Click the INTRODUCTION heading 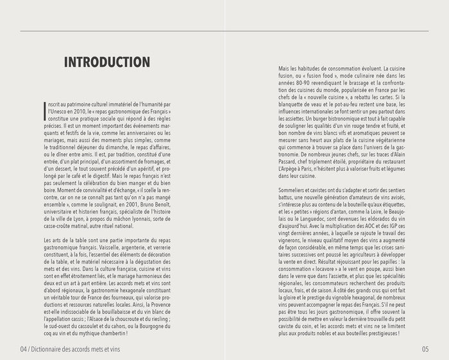[106, 62]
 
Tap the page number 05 [425, 349]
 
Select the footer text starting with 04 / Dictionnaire [70, 349]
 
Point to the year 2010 [83, 111]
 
